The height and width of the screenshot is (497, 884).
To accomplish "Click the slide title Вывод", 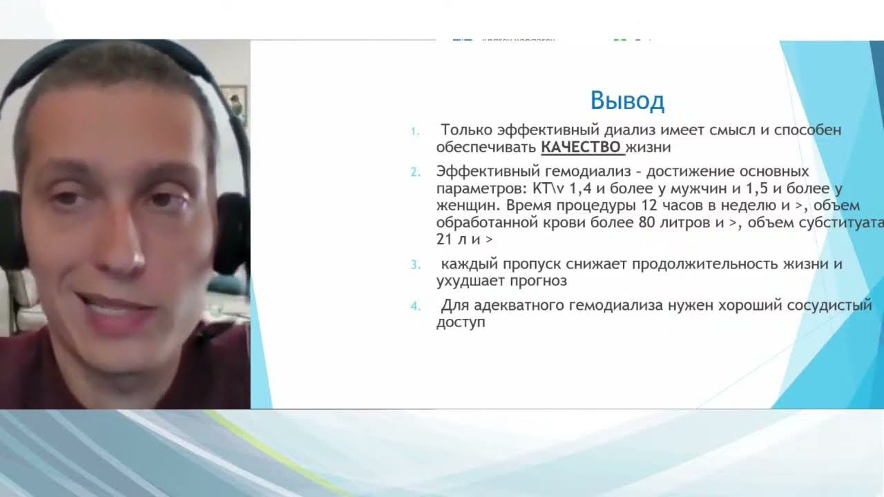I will point(627,101).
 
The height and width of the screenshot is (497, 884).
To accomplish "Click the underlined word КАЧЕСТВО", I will point(582,147).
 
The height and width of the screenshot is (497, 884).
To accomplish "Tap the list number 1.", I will point(414,130).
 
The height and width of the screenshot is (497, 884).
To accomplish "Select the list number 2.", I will point(414,172).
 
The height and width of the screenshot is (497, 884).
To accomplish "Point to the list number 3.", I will point(414,264).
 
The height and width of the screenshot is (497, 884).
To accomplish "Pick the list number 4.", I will point(414,306).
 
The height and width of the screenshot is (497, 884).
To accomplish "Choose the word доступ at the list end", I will point(461,322).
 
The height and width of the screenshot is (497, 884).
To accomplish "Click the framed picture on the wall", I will point(233,104).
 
